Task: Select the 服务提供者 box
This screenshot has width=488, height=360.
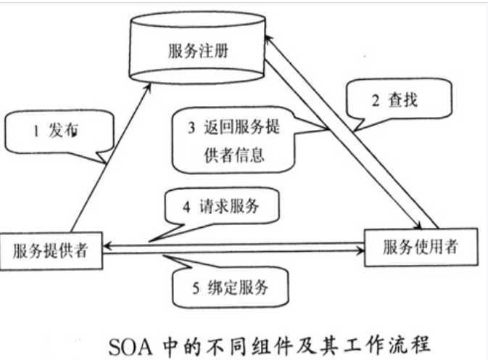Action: coord(51,250)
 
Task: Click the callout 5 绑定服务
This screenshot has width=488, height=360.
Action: coord(226,288)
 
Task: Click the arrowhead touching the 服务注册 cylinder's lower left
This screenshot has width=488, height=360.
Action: coord(149,88)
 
